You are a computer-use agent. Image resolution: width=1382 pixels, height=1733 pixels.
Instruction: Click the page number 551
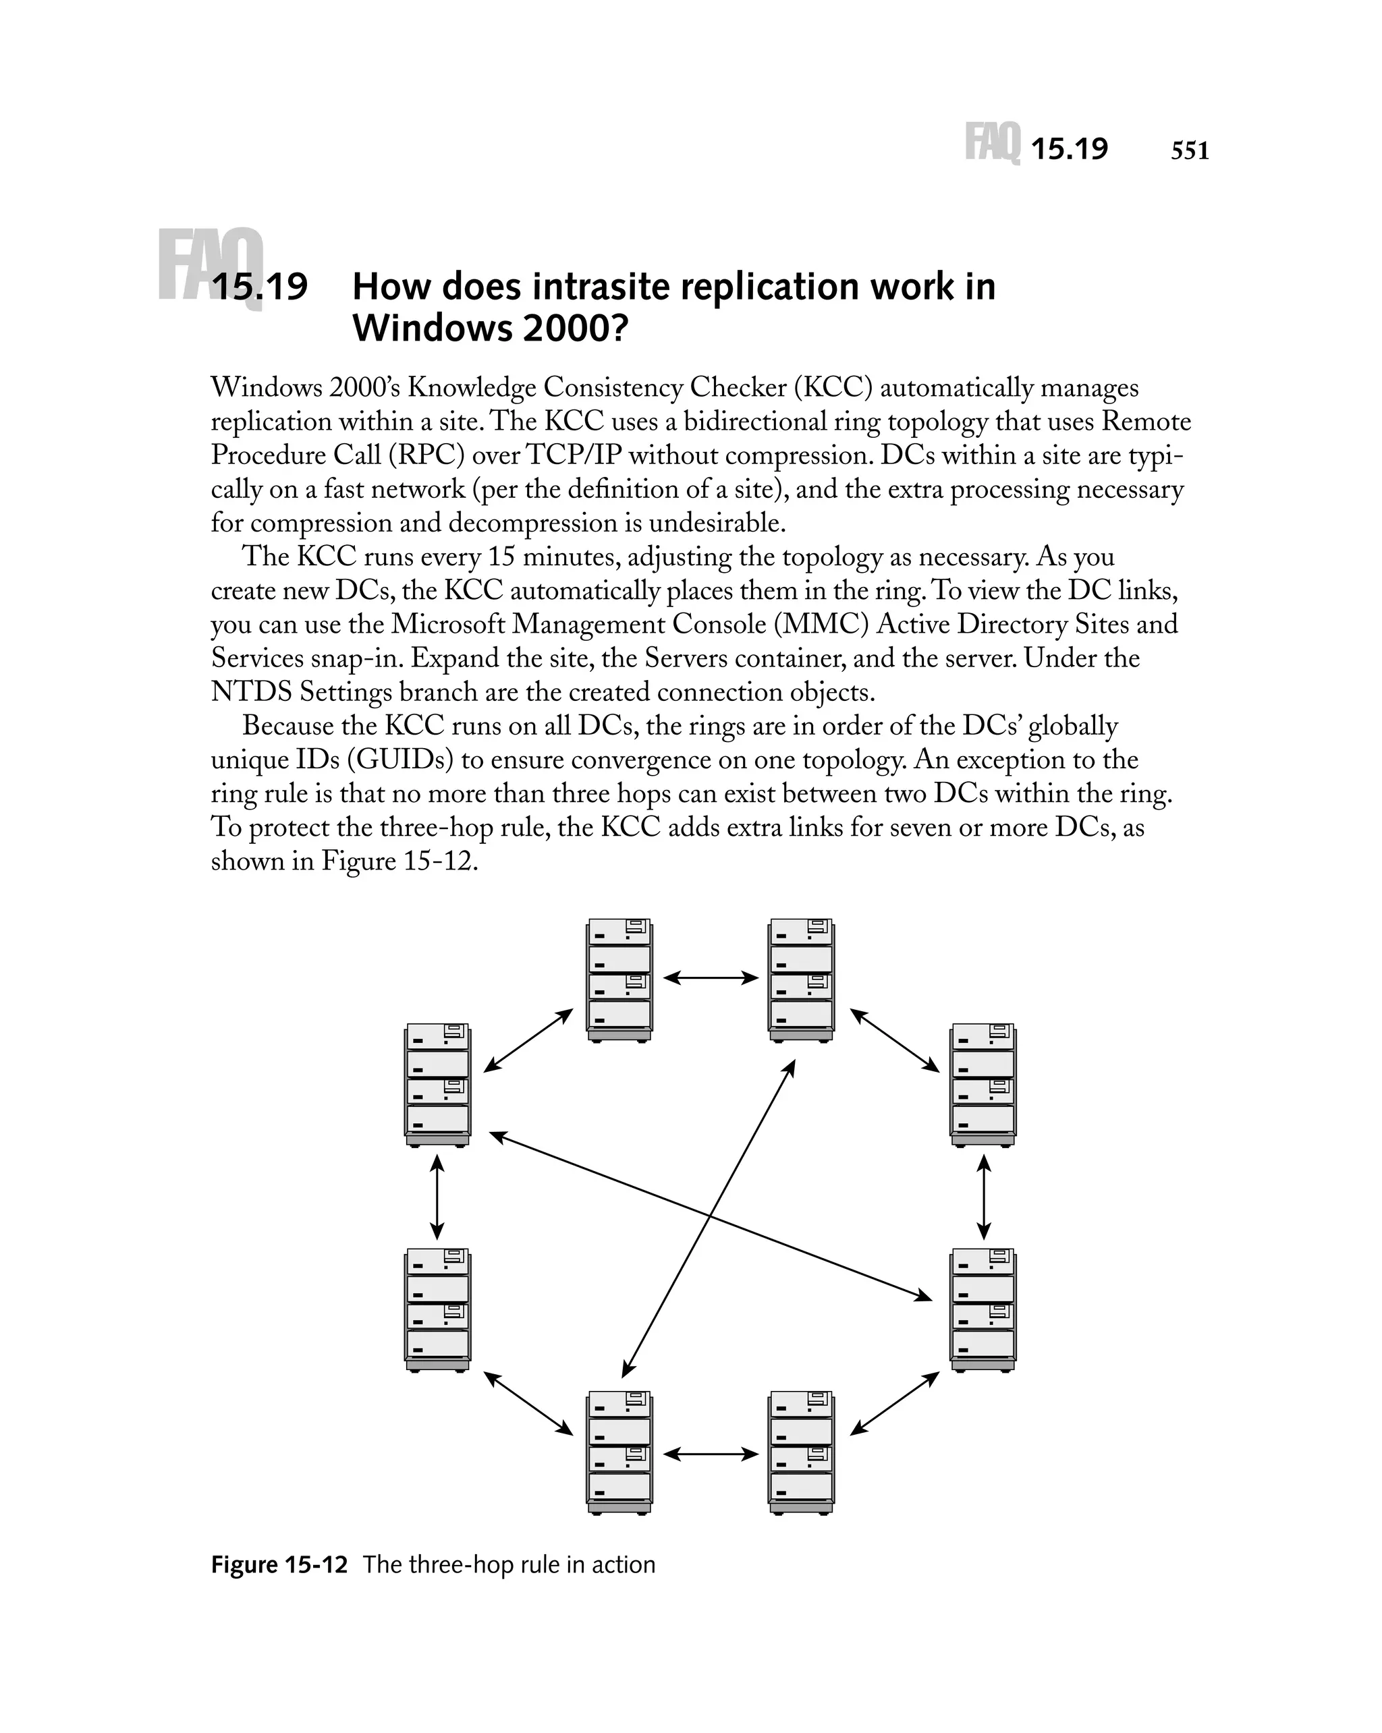pos(1189,150)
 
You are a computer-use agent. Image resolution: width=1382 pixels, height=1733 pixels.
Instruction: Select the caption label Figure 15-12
pos(279,1564)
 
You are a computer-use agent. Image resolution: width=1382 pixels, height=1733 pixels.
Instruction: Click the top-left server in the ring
pos(619,980)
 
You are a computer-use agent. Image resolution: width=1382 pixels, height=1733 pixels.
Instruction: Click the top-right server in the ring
pos(801,980)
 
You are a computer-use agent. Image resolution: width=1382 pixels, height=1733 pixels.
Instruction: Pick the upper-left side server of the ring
pos(437,1084)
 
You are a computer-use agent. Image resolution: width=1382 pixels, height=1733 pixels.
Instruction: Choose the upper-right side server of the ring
pos(983,1084)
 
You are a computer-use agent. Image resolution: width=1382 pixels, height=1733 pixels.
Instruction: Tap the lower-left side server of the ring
pos(437,1309)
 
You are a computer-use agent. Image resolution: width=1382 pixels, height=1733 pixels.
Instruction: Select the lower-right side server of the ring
pos(983,1309)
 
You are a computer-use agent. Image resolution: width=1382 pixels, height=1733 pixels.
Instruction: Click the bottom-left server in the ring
pos(619,1452)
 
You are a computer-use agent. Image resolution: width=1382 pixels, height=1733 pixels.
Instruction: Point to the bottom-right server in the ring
pos(801,1452)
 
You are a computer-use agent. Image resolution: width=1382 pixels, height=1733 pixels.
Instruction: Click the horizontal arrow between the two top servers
pos(711,977)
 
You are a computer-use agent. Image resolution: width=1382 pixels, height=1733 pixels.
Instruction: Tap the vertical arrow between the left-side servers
pos(437,1197)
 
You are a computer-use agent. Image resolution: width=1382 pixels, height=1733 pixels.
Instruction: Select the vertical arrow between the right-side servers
pos(983,1197)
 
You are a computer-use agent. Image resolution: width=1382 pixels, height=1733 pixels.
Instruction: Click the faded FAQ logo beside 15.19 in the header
pos(992,143)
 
